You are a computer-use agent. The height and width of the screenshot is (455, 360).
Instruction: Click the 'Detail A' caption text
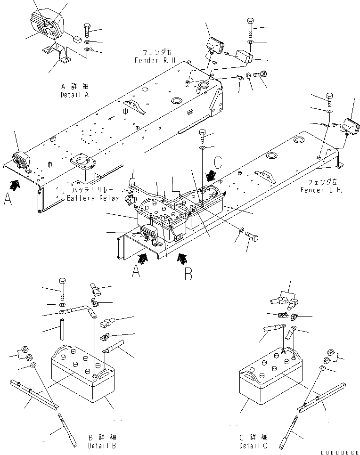click(x=74, y=95)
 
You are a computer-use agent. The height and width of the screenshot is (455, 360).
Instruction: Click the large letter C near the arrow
click(x=218, y=162)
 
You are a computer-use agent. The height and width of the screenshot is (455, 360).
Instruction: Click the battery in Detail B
click(x=83, y=372)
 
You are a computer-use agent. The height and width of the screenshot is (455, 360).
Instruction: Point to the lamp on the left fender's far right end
click(x=349, y=126)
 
